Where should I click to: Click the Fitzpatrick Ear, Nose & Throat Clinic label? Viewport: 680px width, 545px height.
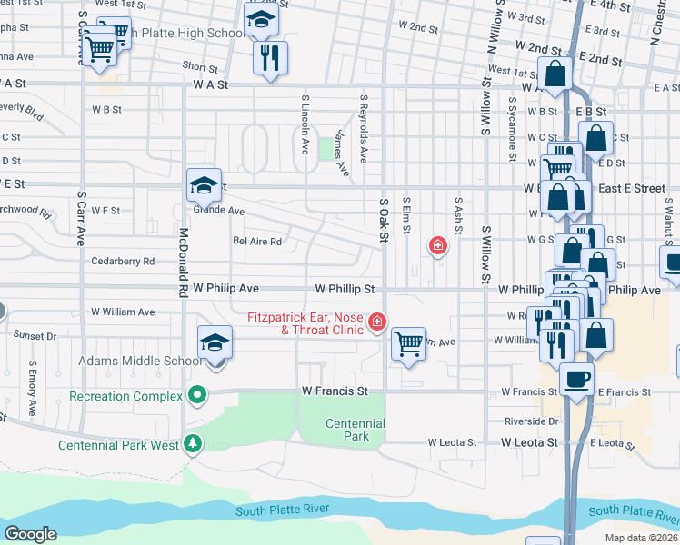[305, 323]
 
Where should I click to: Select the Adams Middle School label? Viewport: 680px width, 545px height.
[141, 361]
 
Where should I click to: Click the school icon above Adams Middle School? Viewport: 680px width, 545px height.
[215, 344]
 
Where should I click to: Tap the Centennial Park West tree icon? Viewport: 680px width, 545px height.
[192, 444]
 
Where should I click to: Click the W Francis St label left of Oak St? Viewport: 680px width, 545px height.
[335, 391]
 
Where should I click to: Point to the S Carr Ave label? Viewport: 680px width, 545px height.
[81, 218]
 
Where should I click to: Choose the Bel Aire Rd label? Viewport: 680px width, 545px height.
[257, 242]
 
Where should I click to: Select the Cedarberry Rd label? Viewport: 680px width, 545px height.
[123, 261]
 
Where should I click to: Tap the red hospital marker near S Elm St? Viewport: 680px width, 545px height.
[438, 245]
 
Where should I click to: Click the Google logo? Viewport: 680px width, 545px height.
[30, 534]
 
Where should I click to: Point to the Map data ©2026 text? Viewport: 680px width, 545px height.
[642, 538]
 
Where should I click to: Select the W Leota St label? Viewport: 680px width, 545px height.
[453, 442]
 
